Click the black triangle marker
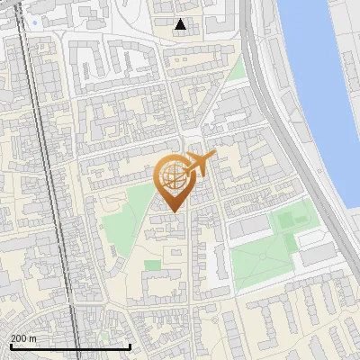[181, 24]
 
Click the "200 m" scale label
[24, 338]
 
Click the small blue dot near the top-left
[35, 22]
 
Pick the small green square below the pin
[152, 265]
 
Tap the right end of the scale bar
[130, 346]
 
